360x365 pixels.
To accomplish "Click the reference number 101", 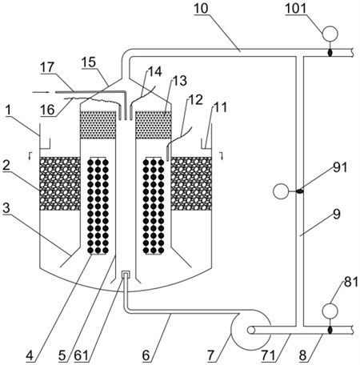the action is tap(295, 8).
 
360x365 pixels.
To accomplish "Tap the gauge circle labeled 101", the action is tap(330, 34).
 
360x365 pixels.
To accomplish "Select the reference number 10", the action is tap(201, 8).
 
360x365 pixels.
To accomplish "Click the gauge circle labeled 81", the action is tap(330, 311).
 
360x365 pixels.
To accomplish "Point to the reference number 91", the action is tap(340, 167).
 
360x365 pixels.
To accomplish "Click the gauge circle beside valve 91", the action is tap(281, 191).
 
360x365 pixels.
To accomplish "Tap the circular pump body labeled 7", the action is tap(250, 330).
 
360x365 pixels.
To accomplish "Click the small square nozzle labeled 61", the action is tap(126, 275).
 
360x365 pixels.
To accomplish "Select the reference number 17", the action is tap(47, 67).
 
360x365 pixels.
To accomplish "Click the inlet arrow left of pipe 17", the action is tap(41, 92).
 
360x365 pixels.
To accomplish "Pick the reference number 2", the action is tap(6, 166).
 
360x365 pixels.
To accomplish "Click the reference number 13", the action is tap(180, 81).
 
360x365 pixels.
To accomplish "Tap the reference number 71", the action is tap(268, 355).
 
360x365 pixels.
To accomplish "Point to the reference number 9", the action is tap(337, 214).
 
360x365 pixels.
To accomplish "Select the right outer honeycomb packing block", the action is tap(191, 183).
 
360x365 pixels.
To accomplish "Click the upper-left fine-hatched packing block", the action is tap(98, 125).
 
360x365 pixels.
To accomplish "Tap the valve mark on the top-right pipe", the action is tap(330, 53).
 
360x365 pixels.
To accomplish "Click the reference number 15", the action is tap(89, 62).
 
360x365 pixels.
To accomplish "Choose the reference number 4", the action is tap(30, 355).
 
